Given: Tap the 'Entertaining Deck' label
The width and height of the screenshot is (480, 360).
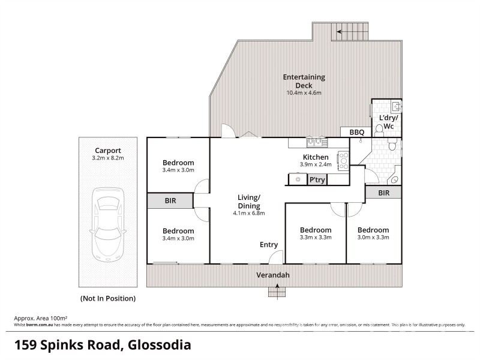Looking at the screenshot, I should tap(304, 81).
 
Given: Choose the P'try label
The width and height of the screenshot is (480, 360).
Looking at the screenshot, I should tap(317, 179).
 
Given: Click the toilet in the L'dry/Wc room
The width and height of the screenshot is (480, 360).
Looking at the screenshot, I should tap(379, 128).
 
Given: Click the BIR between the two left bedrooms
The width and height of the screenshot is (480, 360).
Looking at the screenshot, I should tap(170, 201).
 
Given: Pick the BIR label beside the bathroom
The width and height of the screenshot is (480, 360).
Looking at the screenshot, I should tap(384, 193).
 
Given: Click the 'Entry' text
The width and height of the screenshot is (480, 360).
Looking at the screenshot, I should tap(268, 244).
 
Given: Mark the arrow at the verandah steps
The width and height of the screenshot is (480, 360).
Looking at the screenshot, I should tap(277, 290).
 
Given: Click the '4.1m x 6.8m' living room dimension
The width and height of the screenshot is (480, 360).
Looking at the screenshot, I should tap(249, 213).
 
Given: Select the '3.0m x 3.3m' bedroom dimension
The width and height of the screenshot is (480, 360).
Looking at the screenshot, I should tap(373, 238).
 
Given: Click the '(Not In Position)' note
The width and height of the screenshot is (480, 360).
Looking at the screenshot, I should tap(107, 298).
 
